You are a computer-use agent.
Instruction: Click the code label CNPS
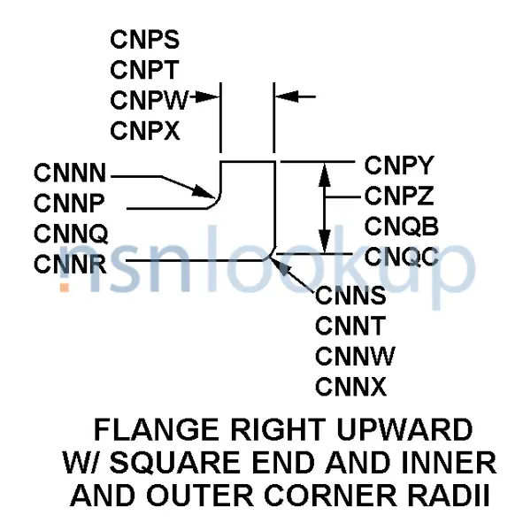point(145,39)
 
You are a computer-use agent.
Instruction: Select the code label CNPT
point(145,69)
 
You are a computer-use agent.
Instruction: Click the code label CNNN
point(71,172)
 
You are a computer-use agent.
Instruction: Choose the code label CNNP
point(70,203)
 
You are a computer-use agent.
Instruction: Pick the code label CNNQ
point(71,234)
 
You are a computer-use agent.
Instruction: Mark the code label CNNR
point(71,263)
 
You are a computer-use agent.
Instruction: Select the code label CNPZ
point(400,196)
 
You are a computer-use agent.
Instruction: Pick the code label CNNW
point(355,356)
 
